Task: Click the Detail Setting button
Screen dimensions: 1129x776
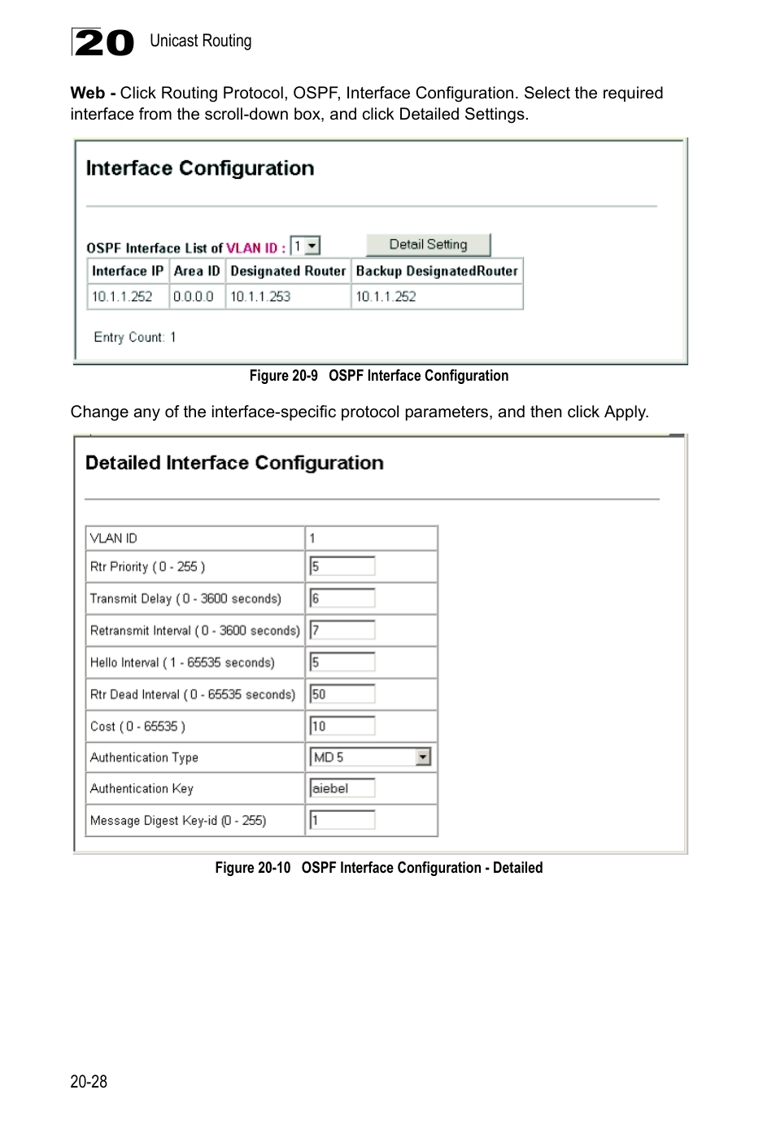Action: tap(428, 245)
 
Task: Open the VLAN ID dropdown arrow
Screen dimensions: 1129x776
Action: tap(312, 246)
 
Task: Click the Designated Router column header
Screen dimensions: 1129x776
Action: tap(288, 272)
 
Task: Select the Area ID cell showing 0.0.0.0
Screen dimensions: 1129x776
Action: tap(194, 297)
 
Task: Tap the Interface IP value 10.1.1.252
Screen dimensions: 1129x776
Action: tap(122, 297)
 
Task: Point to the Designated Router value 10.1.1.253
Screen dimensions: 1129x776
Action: tap(260, 297)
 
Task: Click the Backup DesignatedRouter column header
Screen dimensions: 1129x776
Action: tap(437, 272)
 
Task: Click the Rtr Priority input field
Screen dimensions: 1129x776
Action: tap(342, 567)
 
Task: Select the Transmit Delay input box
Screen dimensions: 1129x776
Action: tap(342, 599)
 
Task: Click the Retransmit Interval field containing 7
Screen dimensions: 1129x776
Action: tap(342, 630)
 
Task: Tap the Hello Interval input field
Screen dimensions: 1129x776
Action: tap(342, 662)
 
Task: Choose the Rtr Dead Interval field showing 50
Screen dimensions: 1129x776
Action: tap(342, 695)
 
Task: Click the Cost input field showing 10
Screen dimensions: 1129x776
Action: tap(342, 726)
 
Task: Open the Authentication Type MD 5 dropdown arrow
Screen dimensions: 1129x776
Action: tap(422, 757)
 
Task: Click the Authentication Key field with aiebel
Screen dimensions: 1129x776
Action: tap(342, 788)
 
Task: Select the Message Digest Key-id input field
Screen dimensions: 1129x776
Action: tap(342, 821)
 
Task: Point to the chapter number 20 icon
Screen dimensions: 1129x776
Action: tap(102, 42)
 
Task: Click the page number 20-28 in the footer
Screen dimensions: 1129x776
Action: tap(89, 1082)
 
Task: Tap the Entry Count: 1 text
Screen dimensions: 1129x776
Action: tap(135, 338)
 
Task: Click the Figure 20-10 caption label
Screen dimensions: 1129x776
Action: tap(252, 868)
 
